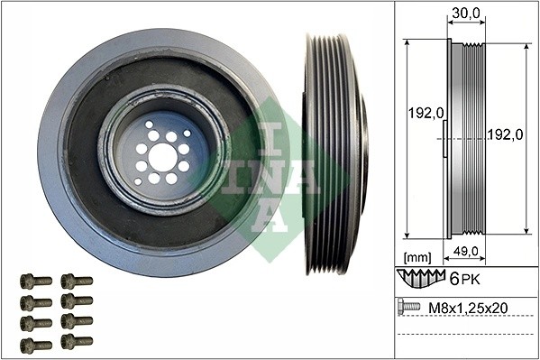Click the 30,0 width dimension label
click(x=465, y=14)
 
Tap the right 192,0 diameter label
click(x=506, y=134)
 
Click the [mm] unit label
click(x=417, y=256)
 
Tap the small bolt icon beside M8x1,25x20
click(x=408, y=308)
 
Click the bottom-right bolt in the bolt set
click(x=77, y=342)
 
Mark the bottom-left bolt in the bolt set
click(x=35, y=344)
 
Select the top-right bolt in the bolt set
click(x=77, y=281)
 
